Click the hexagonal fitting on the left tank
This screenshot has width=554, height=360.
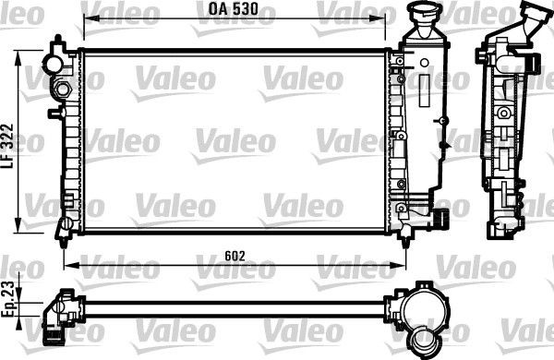click(64, 90)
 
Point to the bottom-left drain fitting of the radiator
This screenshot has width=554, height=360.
click(66, 226)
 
